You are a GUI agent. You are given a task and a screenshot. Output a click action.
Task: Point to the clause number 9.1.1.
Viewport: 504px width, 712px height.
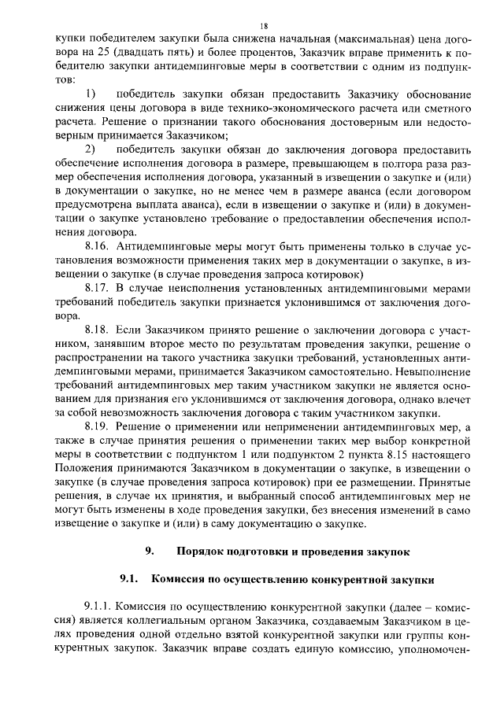(x=99, y=608)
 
